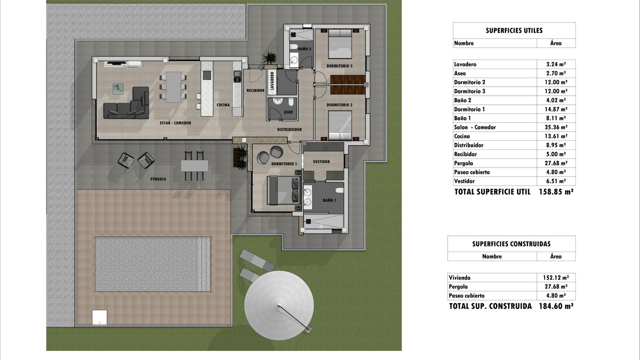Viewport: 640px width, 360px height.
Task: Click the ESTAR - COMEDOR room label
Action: (x=175, y=123)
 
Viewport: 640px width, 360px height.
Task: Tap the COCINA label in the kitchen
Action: (x=223, y=105)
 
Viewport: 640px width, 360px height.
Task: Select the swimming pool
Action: (x=153, y=264)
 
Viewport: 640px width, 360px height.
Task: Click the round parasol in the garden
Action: (x=279, y=305)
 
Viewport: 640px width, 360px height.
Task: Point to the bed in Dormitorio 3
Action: (x=340, y=44)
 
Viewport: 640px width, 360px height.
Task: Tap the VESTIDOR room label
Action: (x=321, y=162)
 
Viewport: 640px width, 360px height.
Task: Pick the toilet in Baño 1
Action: (x=339, y=190)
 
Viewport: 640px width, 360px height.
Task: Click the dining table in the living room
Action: (x=173, y=87)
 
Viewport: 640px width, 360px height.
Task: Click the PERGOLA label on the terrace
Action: (x=158, y=179)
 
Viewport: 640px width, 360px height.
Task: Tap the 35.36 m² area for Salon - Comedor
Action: (x=556, y=127)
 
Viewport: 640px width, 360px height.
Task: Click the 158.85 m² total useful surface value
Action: (x=556, y=192)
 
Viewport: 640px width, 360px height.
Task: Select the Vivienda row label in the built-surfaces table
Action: (x=460, y=278)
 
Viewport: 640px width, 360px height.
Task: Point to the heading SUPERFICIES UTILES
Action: (x=514, y=31)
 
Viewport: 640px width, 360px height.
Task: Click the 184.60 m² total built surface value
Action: (x=556, y=306)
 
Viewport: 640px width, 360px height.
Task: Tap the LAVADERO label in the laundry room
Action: (x=272, y=81)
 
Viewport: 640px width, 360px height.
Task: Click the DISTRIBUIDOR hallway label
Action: (x=289, y=130)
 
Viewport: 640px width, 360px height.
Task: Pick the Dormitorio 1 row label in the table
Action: (x=469, y=109)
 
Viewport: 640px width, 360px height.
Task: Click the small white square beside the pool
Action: (x=100, y=317)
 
